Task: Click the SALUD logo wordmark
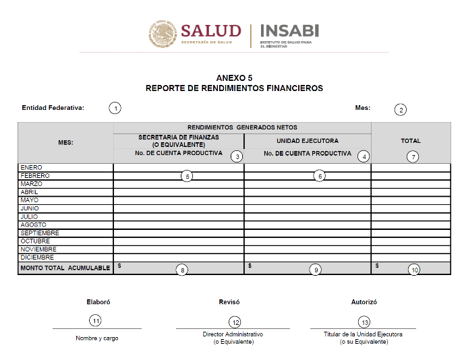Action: [210, 31]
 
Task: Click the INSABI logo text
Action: [289, 31]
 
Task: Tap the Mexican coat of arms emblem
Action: [163, 34]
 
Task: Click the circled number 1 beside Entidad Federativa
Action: [115, 108]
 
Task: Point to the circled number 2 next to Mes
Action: [401, 109]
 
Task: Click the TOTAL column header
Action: [411, 141]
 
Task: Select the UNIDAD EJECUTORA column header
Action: [308, 141]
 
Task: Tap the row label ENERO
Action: [32, 167]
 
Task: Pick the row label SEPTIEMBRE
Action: [40, 233]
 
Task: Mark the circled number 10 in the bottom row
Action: [414, 270]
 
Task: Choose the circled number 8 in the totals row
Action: [181, 270]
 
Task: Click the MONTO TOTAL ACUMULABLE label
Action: [65, 268]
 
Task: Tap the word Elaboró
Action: [98, 302]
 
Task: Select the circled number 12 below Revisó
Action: [235, 322]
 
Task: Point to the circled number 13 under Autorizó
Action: [364, 322]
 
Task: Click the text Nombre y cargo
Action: [97, 338]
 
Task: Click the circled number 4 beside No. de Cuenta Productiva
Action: [364, 156]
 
